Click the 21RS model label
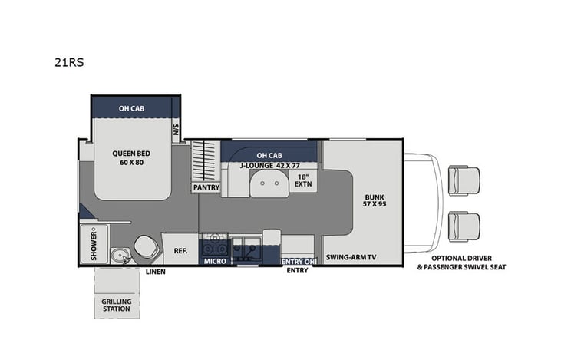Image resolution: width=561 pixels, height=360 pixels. (x=66, y=64)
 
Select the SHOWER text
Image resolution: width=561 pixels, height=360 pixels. (x=94, y=243)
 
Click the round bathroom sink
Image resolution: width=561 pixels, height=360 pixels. (x=118, y=256)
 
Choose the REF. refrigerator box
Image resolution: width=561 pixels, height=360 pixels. (x=180, y=249)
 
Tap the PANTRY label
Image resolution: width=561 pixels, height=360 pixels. (x=206, y=187)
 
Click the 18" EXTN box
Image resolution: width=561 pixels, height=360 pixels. (x=302, y=182)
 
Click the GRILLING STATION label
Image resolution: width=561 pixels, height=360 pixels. (x=116, y=305)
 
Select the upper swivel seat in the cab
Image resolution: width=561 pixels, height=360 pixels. (x=463, y=180)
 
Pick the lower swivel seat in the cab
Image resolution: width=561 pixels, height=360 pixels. (x=463, y=226)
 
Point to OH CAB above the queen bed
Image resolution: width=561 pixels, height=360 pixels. (x=131, y=108)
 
